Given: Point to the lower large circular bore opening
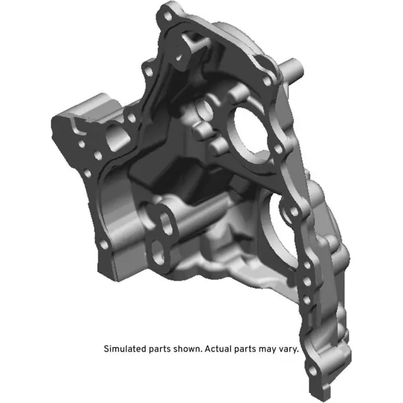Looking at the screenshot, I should tap(283, 220).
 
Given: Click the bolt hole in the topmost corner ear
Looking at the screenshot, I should tap(167, 13).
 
